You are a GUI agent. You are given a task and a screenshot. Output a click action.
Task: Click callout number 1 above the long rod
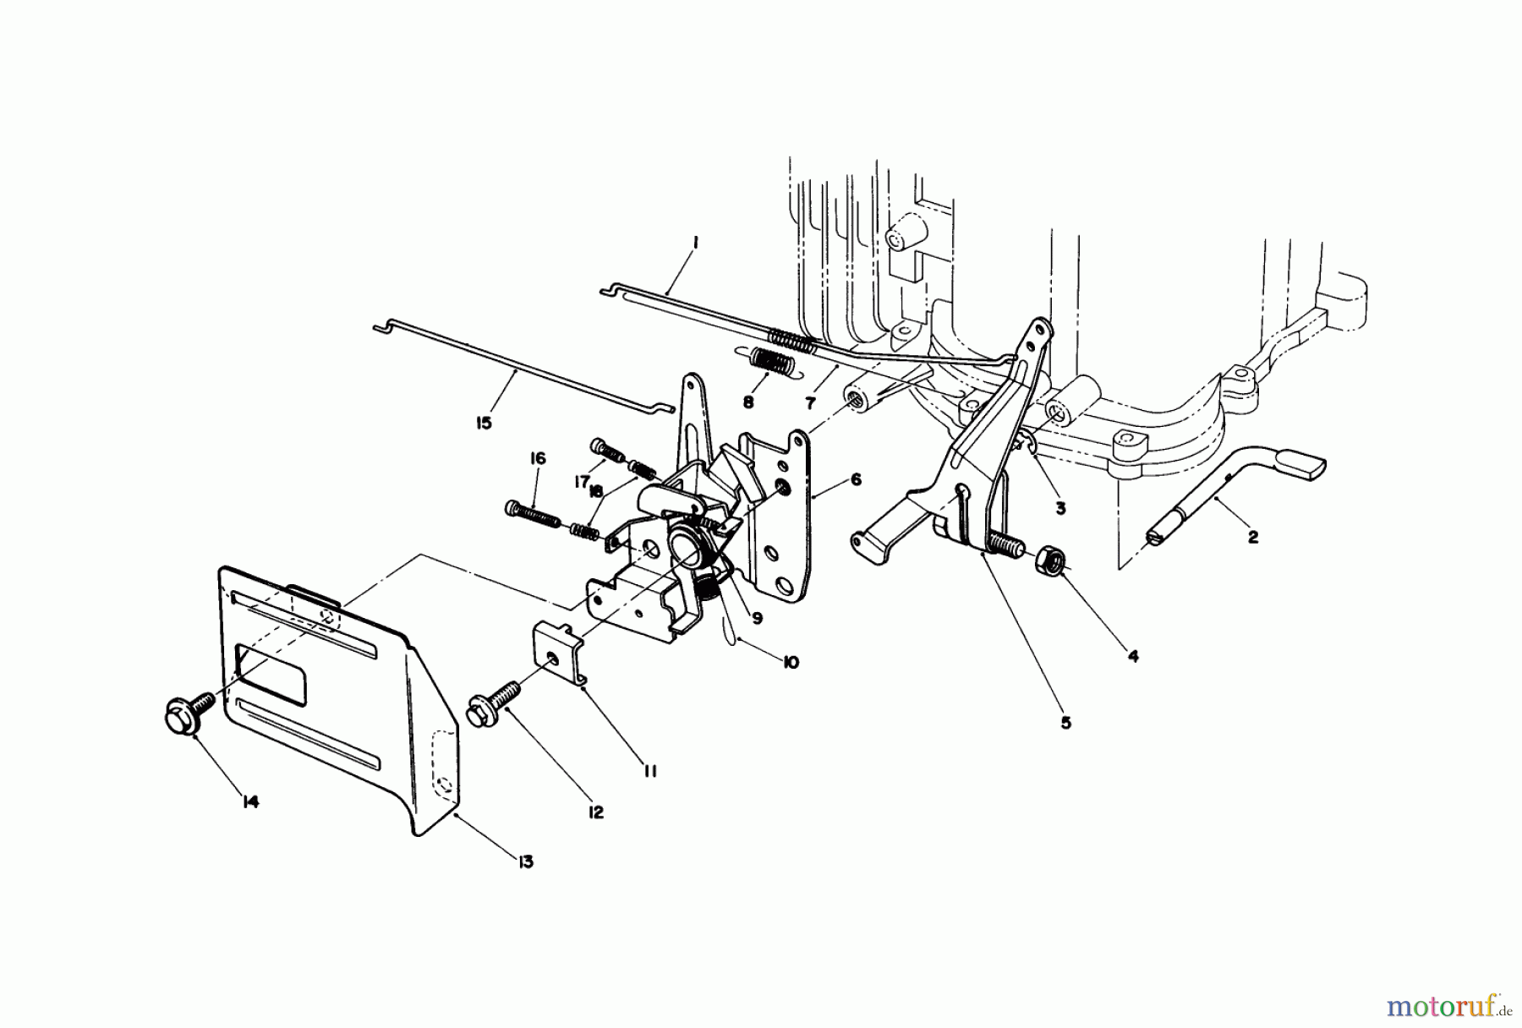pos(694,243)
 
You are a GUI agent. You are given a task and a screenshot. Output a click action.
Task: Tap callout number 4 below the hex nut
pos(1133,655)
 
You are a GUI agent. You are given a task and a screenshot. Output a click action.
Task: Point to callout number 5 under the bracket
pos(1065,723)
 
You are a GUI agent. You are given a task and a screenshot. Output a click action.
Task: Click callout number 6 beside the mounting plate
pos(857,479)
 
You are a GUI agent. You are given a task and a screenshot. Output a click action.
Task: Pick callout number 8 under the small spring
pos(747,402)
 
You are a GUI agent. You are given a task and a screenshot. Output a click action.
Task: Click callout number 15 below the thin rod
pos(484,422)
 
